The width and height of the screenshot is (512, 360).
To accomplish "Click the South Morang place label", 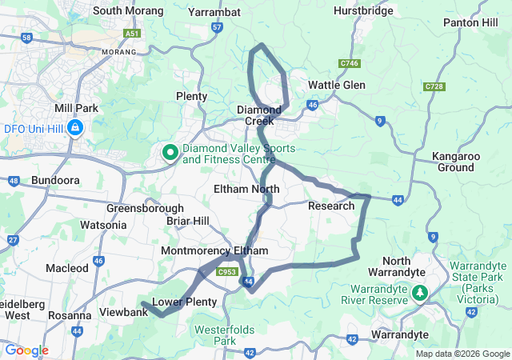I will point(128,11).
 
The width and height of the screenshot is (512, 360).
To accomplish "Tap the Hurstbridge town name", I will point(363,11).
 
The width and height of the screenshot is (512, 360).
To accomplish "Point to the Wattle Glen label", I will point(337,85).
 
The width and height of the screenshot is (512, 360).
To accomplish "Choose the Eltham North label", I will point(246,189).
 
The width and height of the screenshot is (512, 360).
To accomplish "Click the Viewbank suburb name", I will point(123,311).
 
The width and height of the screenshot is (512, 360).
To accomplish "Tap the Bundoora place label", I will point(55,181).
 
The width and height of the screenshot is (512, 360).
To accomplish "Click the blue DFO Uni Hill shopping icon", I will point(75,127).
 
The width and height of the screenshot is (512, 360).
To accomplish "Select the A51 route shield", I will point(133,33).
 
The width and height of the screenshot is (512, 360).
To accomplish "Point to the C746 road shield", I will point(348,62).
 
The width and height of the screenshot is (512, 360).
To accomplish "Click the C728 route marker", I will point(435,86).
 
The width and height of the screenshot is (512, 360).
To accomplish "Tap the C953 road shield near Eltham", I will point(228,272).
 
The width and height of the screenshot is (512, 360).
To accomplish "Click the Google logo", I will point(27,350).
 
